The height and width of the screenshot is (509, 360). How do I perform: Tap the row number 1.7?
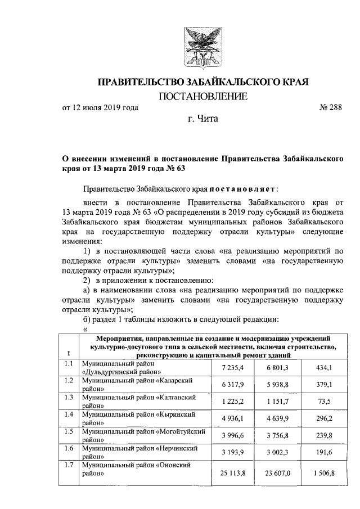69,465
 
